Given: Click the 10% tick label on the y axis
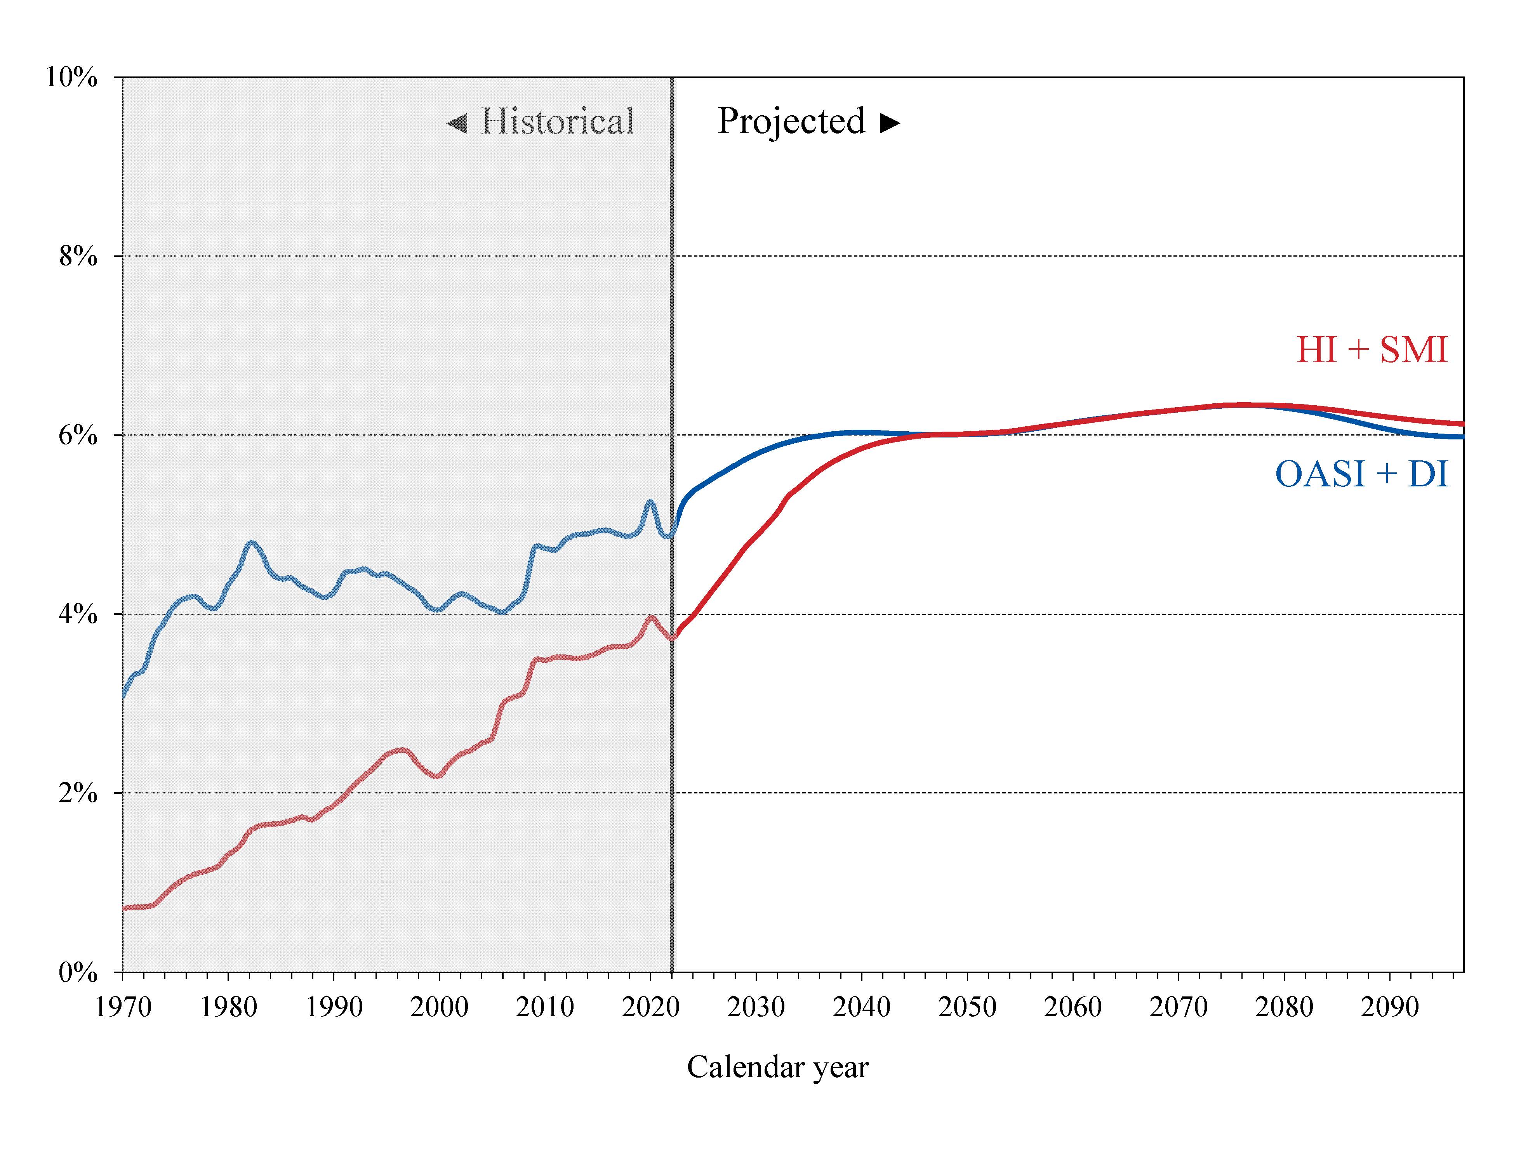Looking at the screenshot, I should click(71, 77).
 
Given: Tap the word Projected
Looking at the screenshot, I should click(791, 122).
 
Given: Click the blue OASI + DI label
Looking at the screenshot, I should click(1361, 475).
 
